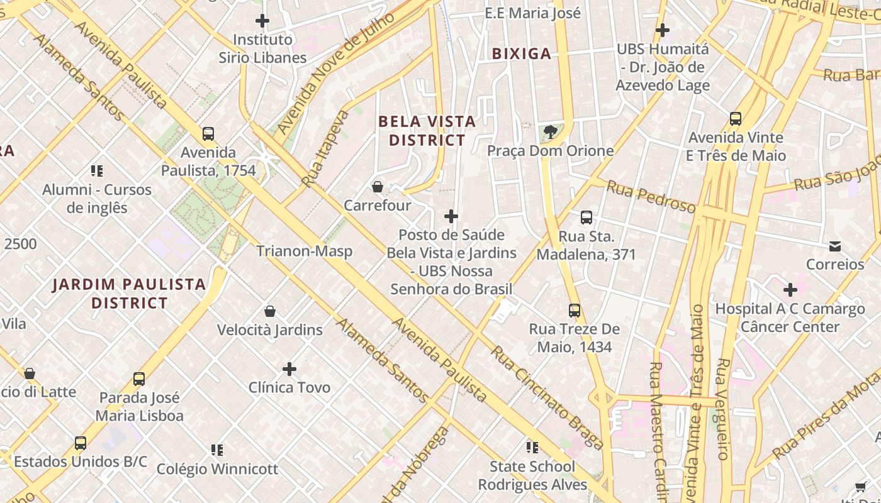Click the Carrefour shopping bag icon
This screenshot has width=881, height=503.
click(378, 187)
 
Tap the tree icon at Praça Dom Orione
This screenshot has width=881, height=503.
click(551, 132)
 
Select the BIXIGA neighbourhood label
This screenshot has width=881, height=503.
click(522, 54)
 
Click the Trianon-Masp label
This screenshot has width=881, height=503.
click(304, 251)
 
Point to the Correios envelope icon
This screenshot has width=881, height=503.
click(835, 246)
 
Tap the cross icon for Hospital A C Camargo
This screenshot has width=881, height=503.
click(790, 290)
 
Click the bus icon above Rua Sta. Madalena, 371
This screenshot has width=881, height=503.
click(586, 218)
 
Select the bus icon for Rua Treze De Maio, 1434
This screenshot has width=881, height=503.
click(575, 310)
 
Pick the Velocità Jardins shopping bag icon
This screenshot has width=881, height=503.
click(270, 311)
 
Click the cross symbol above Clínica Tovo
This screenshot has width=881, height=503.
click(289, 368)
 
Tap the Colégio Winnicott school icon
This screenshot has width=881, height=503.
click(217, 450)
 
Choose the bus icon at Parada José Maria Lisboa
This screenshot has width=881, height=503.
click(139, 379)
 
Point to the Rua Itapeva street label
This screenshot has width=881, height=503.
click(325, 149)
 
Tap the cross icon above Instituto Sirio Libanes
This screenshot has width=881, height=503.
click(262, 21)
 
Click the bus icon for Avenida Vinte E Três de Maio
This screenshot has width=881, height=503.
click(735, 118)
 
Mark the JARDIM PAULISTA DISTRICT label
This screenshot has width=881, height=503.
click(129, 294)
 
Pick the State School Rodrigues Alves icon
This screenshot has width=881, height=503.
click(532, 448)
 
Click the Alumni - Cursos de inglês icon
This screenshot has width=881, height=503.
click(97, 170)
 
